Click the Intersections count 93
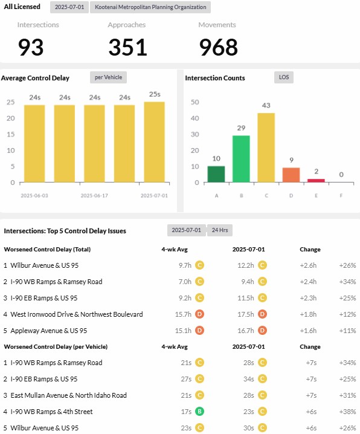click(x=31, y=47)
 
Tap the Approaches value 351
click(x=127, y=47)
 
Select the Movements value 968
click(x=219, y=47)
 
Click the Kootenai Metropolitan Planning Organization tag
click(x=150, y=7)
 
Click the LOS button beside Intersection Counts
click(x=284, y=77)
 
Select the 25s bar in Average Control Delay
click(x=154, y=142)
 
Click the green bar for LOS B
click(x=241, y=159)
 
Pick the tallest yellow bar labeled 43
click(x=266, y=147)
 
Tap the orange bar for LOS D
click(x=291, y=175)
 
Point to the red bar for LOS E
click(x=316, y=181)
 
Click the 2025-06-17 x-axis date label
click(x=94, y=196)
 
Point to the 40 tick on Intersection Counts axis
click(x=194, y=118)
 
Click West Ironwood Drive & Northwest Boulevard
click(x=77, y=314)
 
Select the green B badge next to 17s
click(x=199, y=412)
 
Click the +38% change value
click(x=347, y=412)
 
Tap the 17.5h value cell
click(x=245, y=314)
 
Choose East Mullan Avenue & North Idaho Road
click(x=69, y=395)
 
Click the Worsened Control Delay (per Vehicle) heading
click(x=56, y=346)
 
